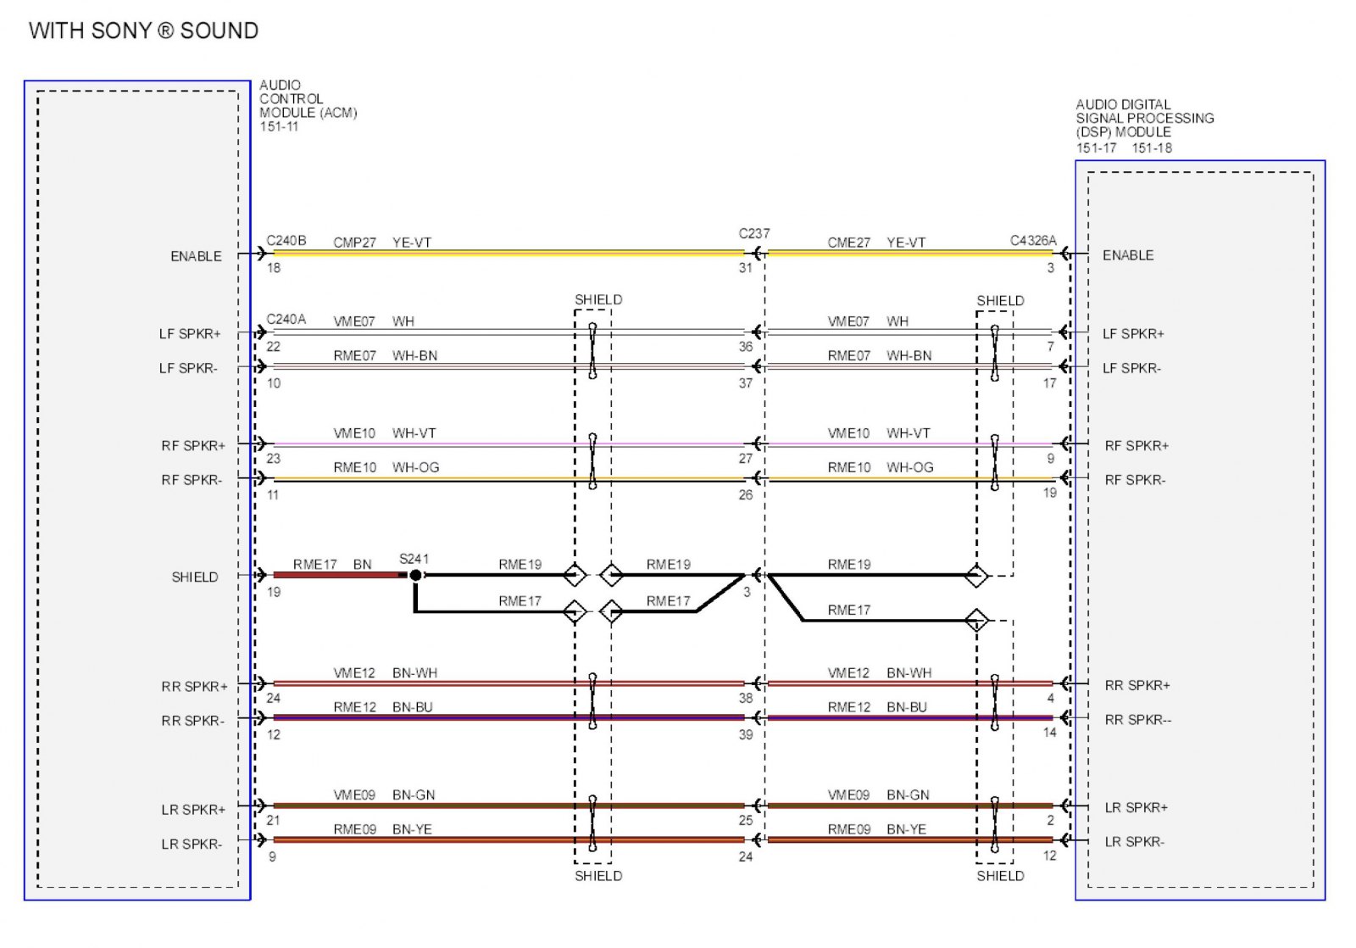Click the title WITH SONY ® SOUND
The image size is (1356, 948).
coord(143,31)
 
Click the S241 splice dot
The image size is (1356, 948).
coord(415,575)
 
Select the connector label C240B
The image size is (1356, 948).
coord(286,241)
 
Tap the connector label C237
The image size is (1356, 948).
coord(753,233)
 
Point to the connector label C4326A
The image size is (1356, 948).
coord(1032,241)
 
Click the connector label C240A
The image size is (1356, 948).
coord(286,320)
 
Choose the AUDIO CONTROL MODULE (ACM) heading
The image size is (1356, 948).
coord(308,99)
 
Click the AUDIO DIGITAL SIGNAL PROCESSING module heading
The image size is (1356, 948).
coord(1144,118)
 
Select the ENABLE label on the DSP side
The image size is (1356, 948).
coord(1127,255)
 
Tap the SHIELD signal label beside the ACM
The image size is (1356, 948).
coord(195,577)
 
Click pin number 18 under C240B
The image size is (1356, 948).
coord(274,268)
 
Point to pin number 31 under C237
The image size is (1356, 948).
coord(745,268)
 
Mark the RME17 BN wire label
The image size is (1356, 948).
coord(332,565)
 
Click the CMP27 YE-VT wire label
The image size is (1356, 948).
coord(382,243)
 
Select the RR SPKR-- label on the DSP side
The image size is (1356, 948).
coord(1137,720)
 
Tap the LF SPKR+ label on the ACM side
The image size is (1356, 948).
coord(190,334)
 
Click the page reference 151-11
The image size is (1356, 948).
coord(279,127)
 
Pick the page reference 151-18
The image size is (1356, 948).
coord(1152,148)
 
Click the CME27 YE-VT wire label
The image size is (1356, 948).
coord(876,243)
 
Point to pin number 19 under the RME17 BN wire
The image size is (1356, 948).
coord(274,592)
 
